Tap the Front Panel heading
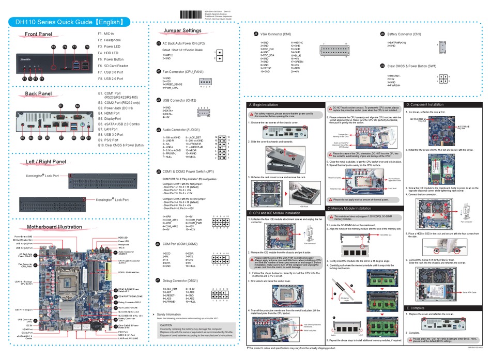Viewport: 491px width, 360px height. (x=39, y=35)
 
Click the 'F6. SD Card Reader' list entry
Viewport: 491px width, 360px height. (x=113, y=66)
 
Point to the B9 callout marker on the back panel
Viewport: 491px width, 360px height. (x=78, y=138)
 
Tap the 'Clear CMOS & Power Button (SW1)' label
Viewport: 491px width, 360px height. (x=411, y=66)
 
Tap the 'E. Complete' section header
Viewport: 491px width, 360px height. (x=415, y=308)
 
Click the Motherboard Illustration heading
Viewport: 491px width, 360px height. (x=54, y=227)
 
